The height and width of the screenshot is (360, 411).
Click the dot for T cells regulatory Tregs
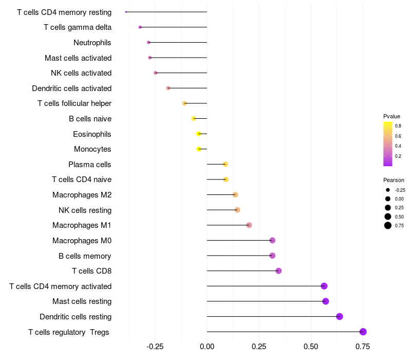[x=363, y=332]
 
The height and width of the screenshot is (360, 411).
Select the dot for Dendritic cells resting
[x=340, y=316]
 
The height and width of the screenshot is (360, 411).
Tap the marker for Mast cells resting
[x=326, y=301]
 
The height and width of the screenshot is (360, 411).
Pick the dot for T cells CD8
[x=278, y=271]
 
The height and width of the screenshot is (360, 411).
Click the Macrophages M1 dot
[x=249, y=225]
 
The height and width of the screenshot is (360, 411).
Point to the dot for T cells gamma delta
[x=140, y=27]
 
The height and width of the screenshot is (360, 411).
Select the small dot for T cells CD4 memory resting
[x=126, y=12]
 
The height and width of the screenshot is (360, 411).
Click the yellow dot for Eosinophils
[x=199, y=134]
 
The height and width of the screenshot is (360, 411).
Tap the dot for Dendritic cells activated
[x=168, y=88]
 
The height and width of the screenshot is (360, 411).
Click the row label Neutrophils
[x=92, y=43]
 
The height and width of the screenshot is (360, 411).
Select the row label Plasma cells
[x=89, y=165]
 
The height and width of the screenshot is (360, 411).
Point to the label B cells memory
[x=85, y=256]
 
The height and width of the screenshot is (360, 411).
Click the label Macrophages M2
[x=82, y=195]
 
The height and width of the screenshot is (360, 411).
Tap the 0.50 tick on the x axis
[x=311, y=347]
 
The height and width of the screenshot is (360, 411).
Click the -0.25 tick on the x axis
[x=155, y=347]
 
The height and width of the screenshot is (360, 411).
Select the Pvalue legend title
[x=391, y=116]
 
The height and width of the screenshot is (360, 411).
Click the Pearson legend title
[x=394, y=180]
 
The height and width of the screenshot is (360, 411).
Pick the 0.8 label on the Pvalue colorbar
[x=398, y=125]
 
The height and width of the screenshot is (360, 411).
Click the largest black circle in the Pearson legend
[x=388, y=225]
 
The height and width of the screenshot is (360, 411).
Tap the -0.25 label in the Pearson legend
[x=400, y=190]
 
